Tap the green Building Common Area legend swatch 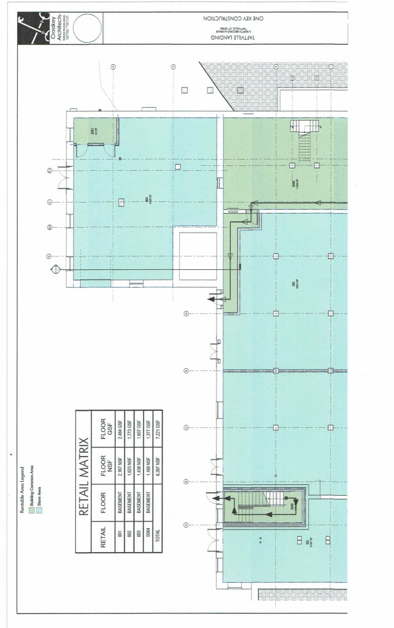(31, 509)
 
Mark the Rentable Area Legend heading (23, 490)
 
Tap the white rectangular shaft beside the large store (198, 256)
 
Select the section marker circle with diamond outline (56, 268)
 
